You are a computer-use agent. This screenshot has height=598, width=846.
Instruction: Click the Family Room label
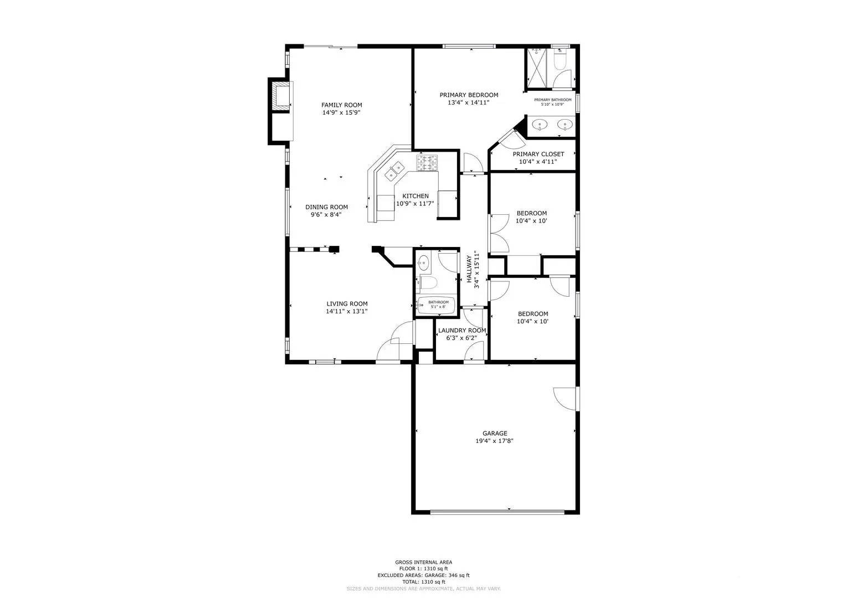[342, 105]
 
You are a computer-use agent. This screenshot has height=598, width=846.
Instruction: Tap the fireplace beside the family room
[281, 96]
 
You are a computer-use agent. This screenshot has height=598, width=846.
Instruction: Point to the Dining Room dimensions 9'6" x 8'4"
[326, 215]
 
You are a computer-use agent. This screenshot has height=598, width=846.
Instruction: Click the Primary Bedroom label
[469, 95]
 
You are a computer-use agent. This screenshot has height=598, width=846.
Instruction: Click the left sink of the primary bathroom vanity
[540, 125]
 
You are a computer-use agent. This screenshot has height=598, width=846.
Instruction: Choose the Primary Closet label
[538, 154]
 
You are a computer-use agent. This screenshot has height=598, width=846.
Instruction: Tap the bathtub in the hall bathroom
[436, 305]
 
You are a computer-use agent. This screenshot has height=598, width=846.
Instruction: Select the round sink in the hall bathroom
[424, 262]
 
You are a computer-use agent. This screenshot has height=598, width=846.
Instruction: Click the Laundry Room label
[462, 331]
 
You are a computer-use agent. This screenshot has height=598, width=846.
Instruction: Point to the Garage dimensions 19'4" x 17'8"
[495, 442]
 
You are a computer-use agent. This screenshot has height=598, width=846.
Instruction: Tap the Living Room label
[347, 303]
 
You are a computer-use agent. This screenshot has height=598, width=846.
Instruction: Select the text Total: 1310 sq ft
[423, 582]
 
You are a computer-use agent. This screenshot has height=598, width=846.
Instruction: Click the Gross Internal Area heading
[423, 561]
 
